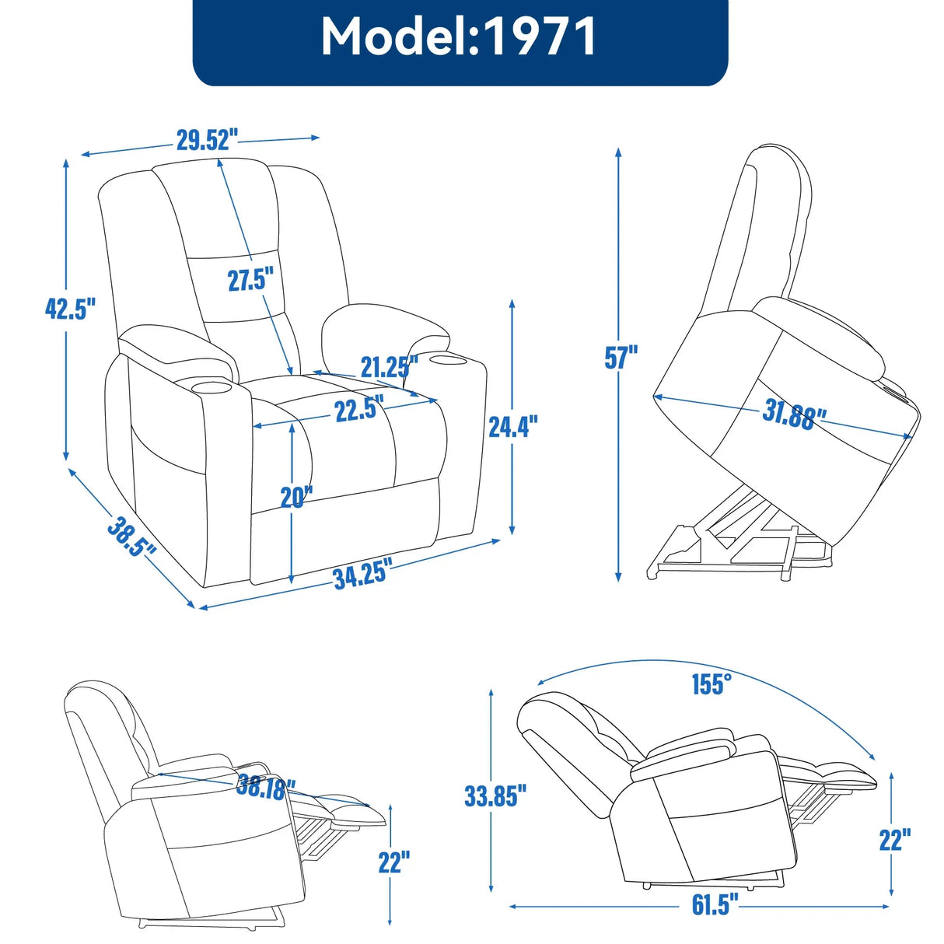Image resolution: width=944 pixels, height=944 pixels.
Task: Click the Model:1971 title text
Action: click(460, 37)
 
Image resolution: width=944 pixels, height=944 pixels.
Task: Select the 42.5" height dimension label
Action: click(70, 309)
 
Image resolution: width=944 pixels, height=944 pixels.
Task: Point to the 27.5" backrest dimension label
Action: click(250, 279)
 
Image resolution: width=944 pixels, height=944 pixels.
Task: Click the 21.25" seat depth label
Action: click(389, 366)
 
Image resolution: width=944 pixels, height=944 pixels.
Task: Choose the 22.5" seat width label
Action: click(359, 408)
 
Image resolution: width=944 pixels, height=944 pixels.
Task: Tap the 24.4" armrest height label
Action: click(512, 426)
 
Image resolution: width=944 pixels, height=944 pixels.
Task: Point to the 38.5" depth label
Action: click(131, 537)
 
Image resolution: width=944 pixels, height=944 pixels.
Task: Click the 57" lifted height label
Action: click(621, 358)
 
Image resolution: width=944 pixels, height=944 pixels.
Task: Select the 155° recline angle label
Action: click(711, 684)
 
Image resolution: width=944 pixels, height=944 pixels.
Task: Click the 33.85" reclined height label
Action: click(495, 795)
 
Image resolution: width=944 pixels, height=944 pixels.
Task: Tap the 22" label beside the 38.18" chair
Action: click(394, 862)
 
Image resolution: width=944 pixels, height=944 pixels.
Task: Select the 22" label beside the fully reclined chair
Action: click(894, 840)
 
